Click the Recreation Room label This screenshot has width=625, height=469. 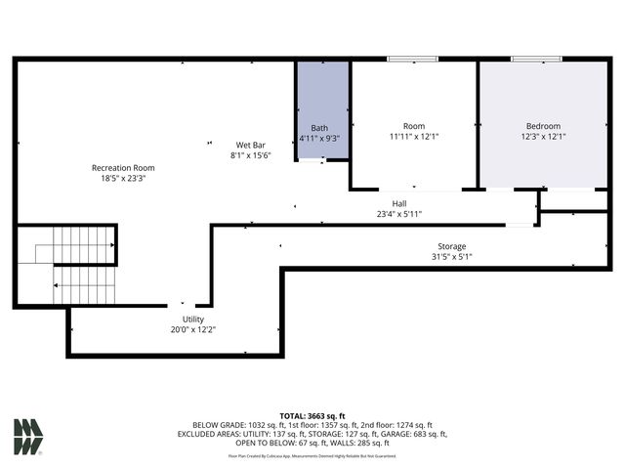[123, 168]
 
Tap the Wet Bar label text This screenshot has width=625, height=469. [250, 145]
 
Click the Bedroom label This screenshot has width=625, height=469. [543, 126]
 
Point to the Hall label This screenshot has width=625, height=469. [398, 203]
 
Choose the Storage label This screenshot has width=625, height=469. [451, 246]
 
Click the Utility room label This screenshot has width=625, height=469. [192, 320]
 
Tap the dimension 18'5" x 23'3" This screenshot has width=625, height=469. [123, 179]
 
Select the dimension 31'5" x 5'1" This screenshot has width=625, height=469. [451, 257]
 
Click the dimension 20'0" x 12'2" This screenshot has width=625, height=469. [192, 330]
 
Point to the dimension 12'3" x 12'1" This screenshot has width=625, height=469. [543, 137]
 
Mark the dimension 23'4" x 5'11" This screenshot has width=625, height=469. [398, 214]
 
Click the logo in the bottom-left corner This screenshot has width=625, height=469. [28, 437]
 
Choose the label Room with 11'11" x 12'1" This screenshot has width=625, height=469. [414, 126]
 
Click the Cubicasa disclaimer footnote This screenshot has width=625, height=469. [312, 455]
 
